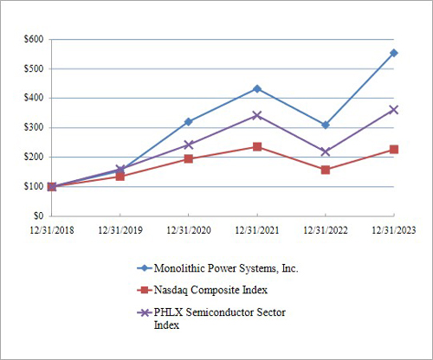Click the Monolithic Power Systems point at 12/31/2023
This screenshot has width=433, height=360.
[394, 53]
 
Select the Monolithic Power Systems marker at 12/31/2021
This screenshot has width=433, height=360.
[257, 88]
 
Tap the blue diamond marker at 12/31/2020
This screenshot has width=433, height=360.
[188, 121]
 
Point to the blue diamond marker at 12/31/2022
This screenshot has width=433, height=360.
[326, 125]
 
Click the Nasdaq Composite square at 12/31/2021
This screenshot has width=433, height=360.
[257, 146]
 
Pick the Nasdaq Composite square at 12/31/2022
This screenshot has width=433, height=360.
[326, 170]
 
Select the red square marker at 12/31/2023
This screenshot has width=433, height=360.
[394, 149]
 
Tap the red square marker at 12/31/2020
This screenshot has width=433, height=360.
[188, 158]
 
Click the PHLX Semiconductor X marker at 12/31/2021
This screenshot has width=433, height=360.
[257, 115]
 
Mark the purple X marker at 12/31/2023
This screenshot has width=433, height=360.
[394, 110]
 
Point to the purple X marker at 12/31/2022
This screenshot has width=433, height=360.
[326, 151]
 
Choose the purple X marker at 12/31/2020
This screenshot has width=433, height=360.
[188, 145]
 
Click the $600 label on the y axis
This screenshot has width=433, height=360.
[33, 40]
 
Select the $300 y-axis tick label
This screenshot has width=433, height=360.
[33, 127]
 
